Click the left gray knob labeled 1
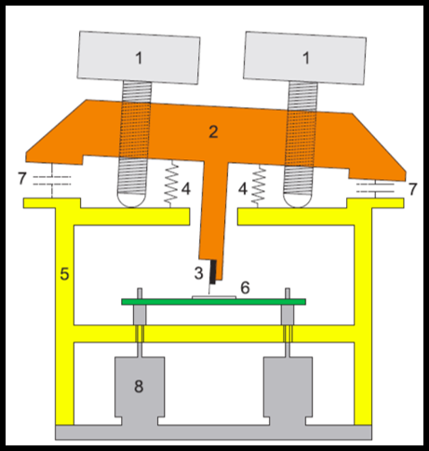pos(139,58)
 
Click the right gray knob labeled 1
pos(304,58)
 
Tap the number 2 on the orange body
pos(213,132)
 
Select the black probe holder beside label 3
pos(213,272)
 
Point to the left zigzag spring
pos(171,184)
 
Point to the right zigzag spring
pos(259,186)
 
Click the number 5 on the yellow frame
pos(64,274)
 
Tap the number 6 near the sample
pos(245,288)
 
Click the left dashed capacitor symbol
pos(52,181)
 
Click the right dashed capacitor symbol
pos(375,187)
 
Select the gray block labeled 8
pos(140,390)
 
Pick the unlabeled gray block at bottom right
pos(288,390)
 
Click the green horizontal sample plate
pos(213,302)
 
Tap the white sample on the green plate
pos(214,297)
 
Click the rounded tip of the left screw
pos(131,199)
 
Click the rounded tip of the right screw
pos(297,200)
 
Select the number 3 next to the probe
pos(199,273)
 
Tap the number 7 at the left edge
pos(21,179)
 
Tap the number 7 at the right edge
pos(412,189)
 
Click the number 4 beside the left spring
pos(185,188)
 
